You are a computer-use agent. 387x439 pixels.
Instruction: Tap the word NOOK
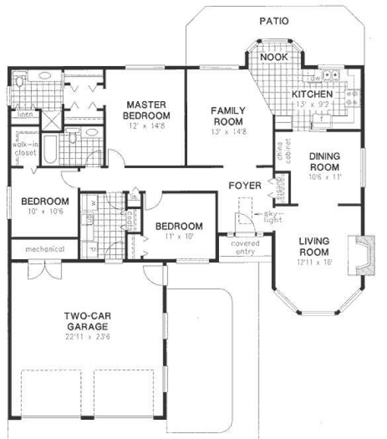pyautogui.click(x=273, y=58)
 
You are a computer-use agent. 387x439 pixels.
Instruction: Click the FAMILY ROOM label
pyautogui.click(x=228, y=116)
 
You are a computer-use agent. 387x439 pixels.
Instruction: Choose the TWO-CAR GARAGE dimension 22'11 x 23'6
pyautogui.click(x=87, y=337)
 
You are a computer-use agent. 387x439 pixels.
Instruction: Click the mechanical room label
pyautogui.click(x=45, y=249)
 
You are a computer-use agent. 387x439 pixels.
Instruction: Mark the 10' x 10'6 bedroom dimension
pyautogui.click(x=44, y=212)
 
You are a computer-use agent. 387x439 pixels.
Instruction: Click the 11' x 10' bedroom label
pyautogui.click(x=179, y=227)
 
